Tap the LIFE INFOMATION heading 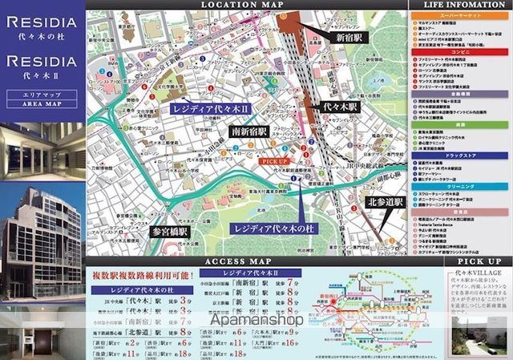point(459,6)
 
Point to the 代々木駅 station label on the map point(341,106)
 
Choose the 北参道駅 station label point(384,201)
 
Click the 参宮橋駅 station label point(169,231)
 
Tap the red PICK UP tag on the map point(274,161)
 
